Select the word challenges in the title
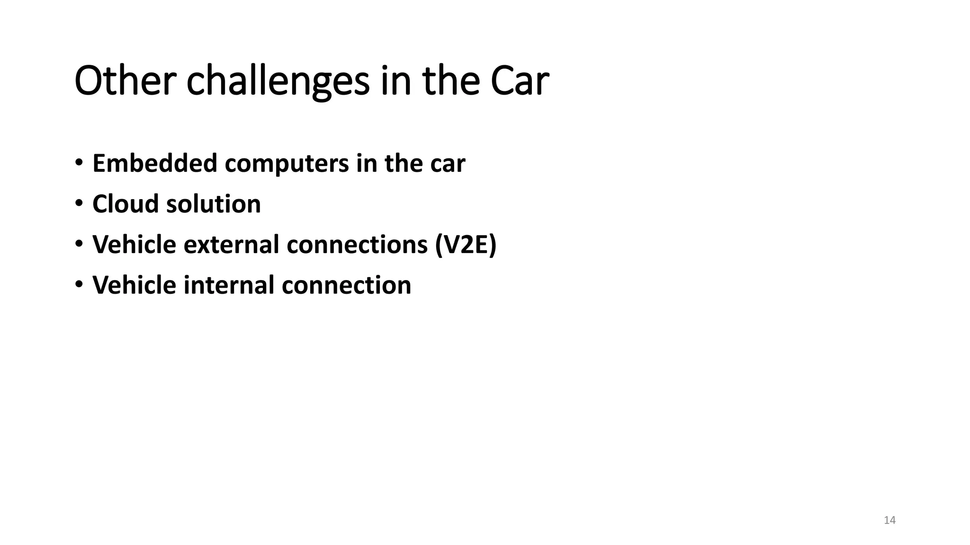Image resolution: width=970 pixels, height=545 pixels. [x=278, y=81]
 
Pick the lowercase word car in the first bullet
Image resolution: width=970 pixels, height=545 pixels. [x=448, y=164]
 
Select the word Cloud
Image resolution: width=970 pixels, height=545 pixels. [x=126, y=204]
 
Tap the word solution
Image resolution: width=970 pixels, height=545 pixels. [x=213, y=204]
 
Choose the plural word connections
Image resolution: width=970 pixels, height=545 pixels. [x=357, y=245]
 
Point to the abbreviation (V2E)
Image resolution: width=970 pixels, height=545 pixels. [x=466, y=245]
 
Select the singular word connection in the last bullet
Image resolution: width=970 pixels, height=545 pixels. [x=346, y=285]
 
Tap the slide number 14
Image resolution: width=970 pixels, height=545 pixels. [x=889, y=520]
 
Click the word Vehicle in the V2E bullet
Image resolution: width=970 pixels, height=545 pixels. [x=134, y=245]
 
